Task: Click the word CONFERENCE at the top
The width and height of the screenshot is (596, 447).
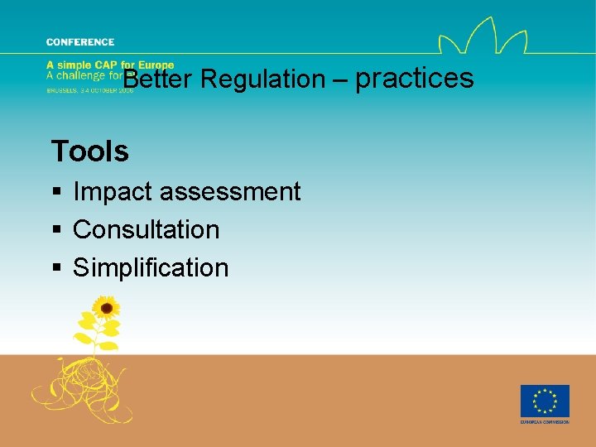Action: [x=80, y=41]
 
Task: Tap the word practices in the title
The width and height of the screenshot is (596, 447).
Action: [x=414, y=79]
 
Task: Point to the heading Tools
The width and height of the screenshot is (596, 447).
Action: [x=89, y=151]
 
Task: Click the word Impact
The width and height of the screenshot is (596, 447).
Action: [x=113, y=192]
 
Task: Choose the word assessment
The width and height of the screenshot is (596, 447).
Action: [x=229, y=192]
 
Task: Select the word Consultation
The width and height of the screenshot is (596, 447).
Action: [x=147, y=229]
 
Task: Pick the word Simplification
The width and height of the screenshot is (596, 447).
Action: [x=151, y=267]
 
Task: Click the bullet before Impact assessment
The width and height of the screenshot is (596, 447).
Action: [x=56, y=193]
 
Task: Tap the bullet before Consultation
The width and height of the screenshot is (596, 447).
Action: [x=56, y=230]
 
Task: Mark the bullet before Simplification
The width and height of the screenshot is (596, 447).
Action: [x=56, y=268]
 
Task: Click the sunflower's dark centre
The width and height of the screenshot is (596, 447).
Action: [x=105, y=310]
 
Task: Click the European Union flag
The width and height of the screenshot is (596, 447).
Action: [x=544, y=401]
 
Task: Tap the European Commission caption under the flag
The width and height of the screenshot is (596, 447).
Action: [x=544, y=422]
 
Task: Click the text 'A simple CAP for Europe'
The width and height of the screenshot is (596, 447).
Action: [x=110, y=65]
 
